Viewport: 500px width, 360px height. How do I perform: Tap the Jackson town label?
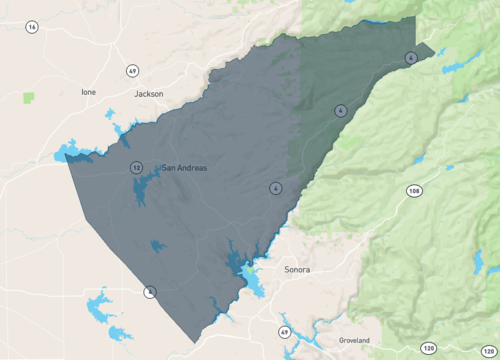coord(148,93)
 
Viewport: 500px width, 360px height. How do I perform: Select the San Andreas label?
coord(184,168)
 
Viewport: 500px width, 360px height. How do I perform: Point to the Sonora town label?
coord(297,270)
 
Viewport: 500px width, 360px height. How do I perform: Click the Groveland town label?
coord(354,340)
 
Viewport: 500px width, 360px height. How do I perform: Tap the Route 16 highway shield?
coord(32,27)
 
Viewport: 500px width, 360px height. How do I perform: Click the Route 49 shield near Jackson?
coord(132,71)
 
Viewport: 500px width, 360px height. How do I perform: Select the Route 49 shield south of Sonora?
coord(284,332)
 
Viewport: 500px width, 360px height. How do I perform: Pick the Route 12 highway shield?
coord(134,168)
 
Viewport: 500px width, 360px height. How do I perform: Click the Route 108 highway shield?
coord(412,190)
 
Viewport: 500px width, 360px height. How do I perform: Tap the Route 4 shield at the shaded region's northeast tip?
coord(411,58)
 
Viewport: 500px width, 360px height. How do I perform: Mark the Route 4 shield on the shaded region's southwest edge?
coord(150,292)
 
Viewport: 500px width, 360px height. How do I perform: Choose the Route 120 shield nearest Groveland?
coord(428,348)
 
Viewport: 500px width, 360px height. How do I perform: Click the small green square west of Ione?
coord(28,97)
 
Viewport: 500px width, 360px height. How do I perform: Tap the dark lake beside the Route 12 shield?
coord(143,189)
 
